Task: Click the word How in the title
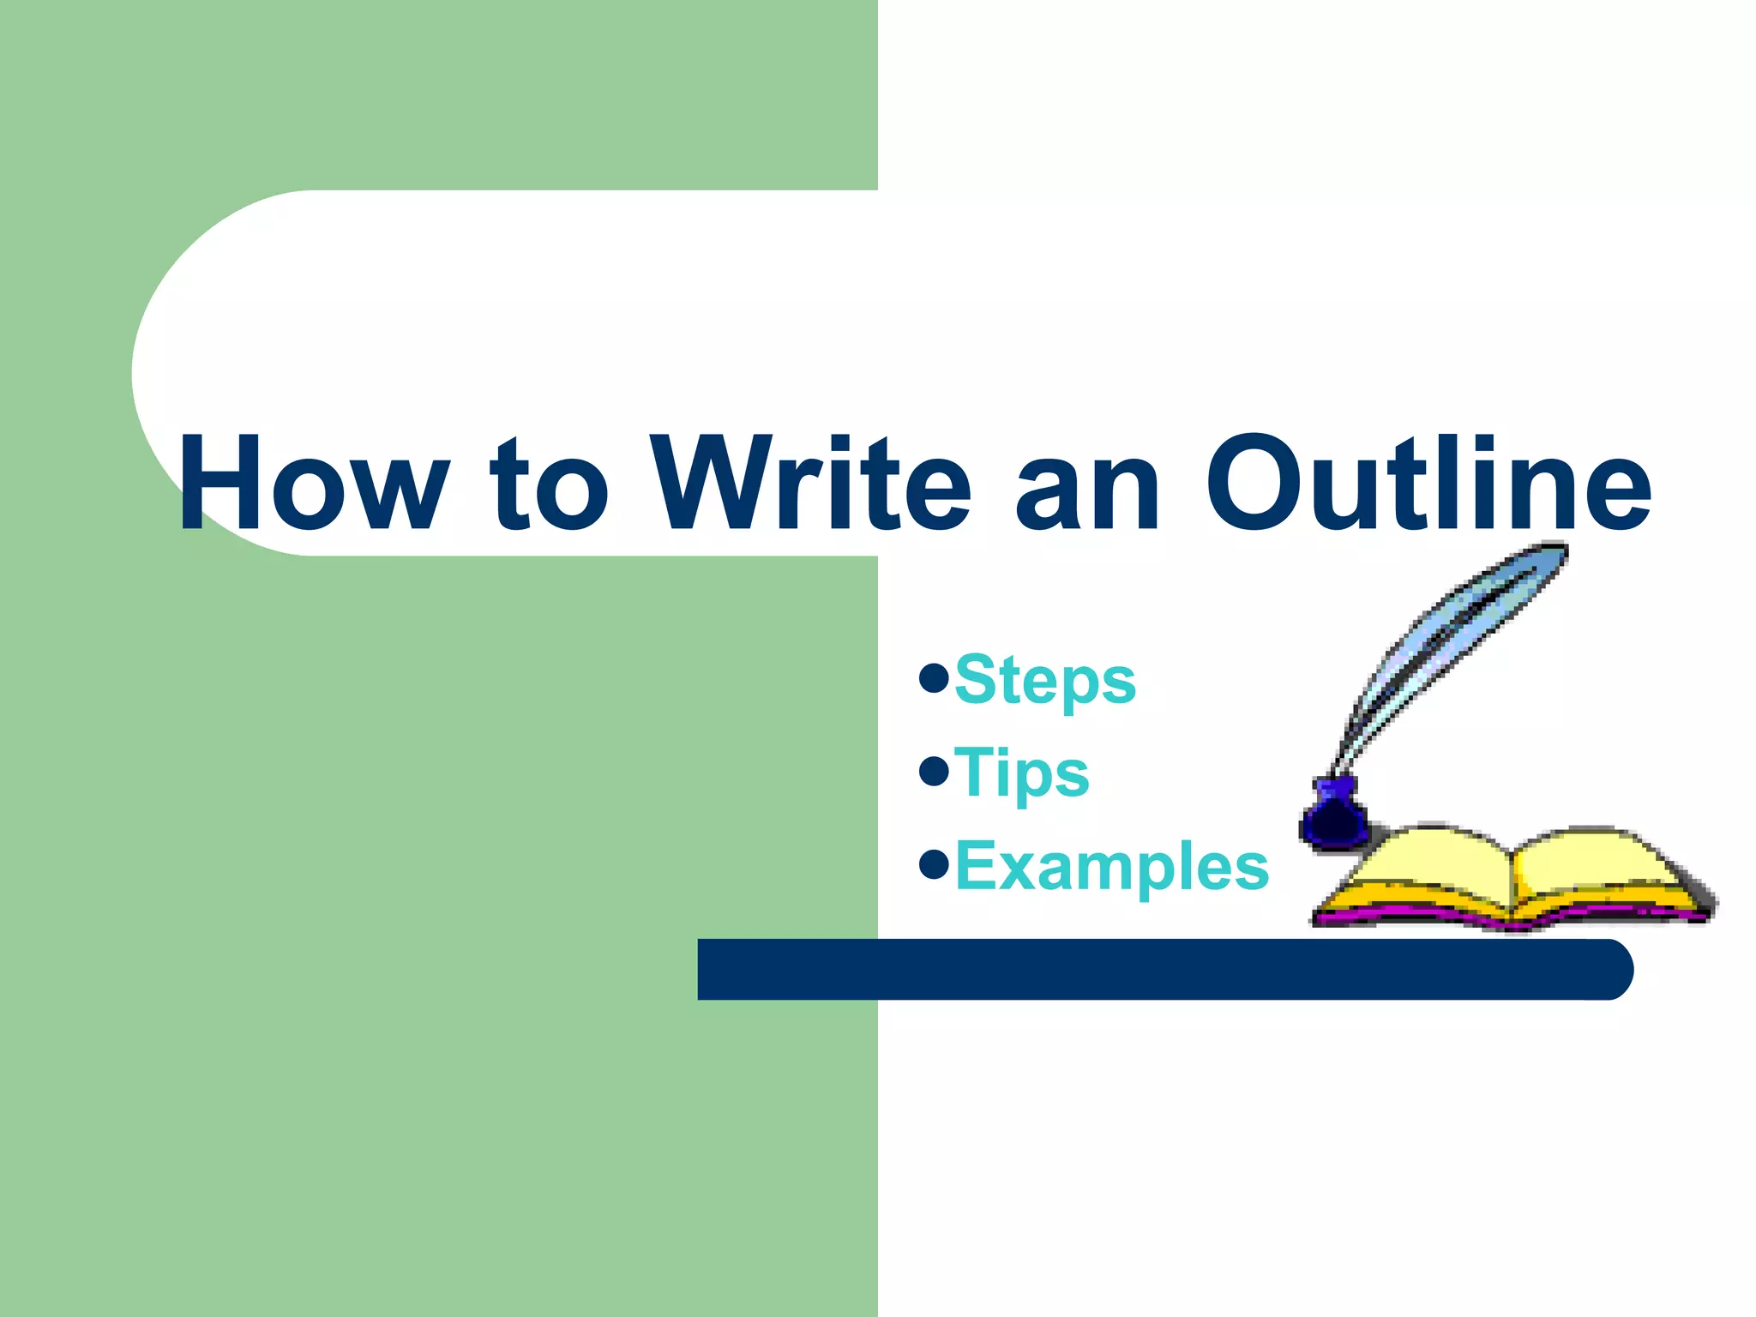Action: pos(313,484)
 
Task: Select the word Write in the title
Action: pos(810,484)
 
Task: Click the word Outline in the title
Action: pos(1428,484)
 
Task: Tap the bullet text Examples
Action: pos(1111,867)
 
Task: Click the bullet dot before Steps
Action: pos(933,678)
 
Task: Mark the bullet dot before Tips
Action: pos(933,771)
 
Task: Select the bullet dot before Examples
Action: pos(933,864)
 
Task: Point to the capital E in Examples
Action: pos(977,867)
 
